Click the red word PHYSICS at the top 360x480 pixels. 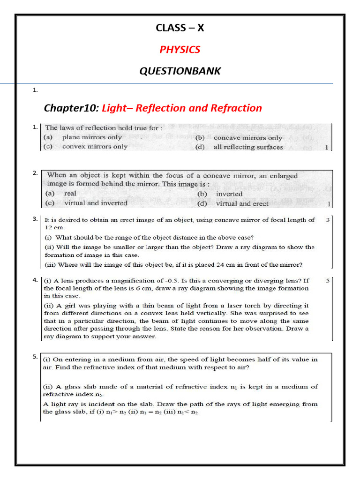coord(180,49)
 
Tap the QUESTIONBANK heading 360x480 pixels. coord(180,71)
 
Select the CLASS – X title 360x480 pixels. coord(180,28)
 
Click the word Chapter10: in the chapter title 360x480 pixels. coord(71,108)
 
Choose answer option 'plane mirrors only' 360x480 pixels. coord(92,137)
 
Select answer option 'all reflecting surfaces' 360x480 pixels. coord(248,147)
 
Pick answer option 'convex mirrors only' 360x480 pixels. coord(95,146)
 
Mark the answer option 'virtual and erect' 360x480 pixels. coord(242,203)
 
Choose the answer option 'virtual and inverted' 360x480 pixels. coord(95,203)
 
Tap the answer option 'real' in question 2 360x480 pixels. coord(70,193)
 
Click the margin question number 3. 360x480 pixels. coord(35,219)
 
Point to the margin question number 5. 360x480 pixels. coord(35,357)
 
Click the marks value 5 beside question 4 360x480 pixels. coord(328,281)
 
